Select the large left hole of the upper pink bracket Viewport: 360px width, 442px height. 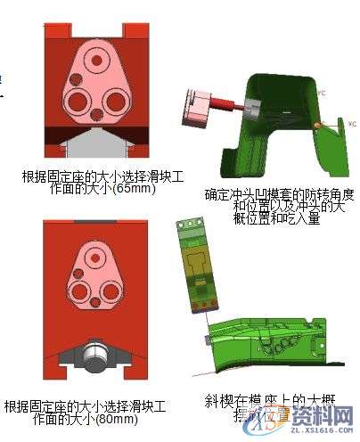pyautogui.click(x=71, y=97)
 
